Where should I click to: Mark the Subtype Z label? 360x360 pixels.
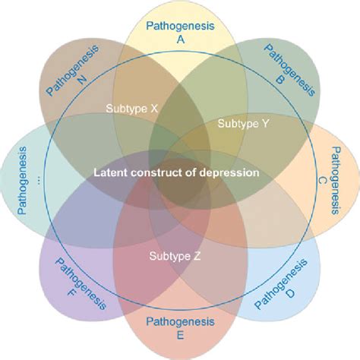pyautogui.click(x=175, y=256)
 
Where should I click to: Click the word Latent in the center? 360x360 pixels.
pyautogui.click(x=108, y=172)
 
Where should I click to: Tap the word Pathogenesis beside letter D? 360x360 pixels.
pyautogui.click(x=282, y=283)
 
